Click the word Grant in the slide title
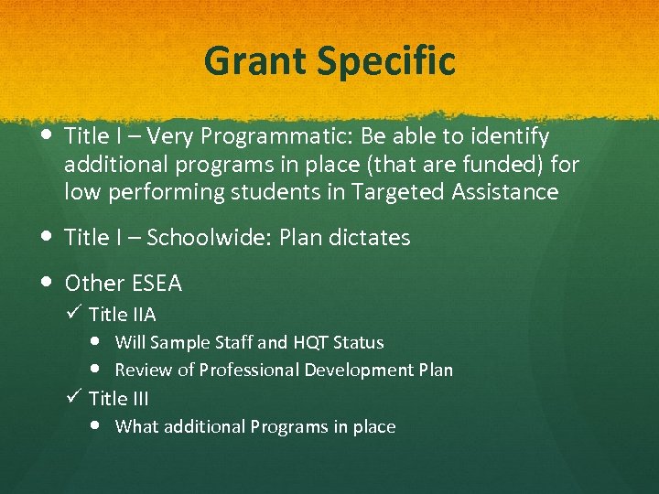pyautogui.click(x=255, y=61)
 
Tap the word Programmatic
pyautogui.click(x=273, y=137)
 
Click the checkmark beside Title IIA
pyautogui.click(x=75, y=314)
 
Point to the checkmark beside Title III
pyautogui.click(x=75, y=397)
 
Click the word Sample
pyautogui.click(x=182, y=343)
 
